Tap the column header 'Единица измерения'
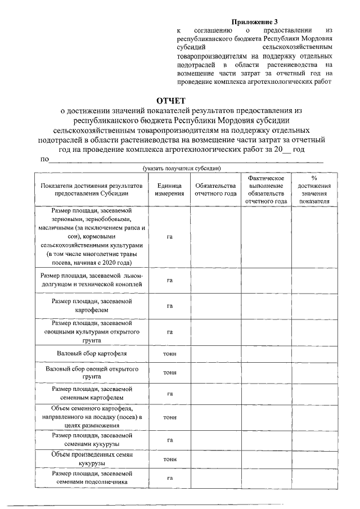(x=169, y=190)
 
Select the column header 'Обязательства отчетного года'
(x=215, y=190)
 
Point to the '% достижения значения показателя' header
(x=314, y=190)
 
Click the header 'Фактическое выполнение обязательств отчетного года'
(x=267, y=190)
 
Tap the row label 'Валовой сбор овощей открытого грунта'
(x=92, y=373)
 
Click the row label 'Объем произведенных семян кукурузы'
(x=92, y=458)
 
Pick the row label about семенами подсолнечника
(x=92, y=478)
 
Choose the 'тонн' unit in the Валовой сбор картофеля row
(x=169, y=354)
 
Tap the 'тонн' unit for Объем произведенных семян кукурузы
(x=169, y=459)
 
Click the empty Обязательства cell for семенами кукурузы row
(x=215, y=440)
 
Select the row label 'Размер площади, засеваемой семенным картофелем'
(x=92, y=393)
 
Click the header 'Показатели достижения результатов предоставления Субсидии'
(x=92, y=190)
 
